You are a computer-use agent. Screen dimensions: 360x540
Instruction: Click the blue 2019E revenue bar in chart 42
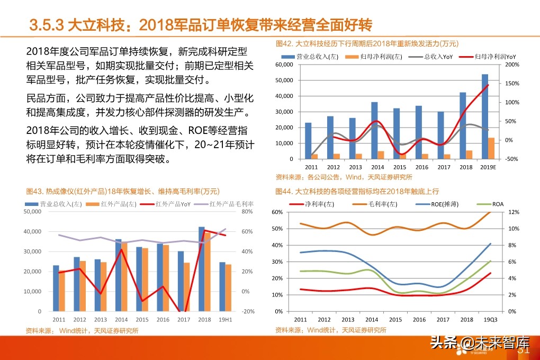click(x=485, y=116)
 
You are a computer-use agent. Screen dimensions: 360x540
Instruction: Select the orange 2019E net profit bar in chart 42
click(x=491, y=148)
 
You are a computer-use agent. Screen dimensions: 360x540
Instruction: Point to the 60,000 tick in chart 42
click(x=284, y=65)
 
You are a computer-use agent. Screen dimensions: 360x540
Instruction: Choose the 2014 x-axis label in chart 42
click(x=370, y=167)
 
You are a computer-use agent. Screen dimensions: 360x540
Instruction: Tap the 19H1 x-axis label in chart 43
click(x=226, y=320)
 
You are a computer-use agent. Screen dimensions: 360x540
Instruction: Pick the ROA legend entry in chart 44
click(x=498, y=204)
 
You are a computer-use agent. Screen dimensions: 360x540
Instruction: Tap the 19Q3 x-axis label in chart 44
click(x=490, y=320)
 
